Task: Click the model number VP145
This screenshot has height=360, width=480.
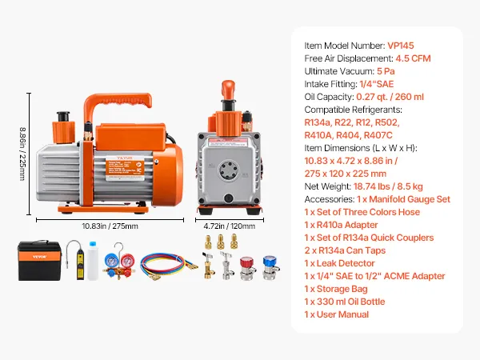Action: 401,46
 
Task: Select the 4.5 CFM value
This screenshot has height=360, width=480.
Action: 413,58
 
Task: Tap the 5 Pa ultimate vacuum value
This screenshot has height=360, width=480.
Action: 386,71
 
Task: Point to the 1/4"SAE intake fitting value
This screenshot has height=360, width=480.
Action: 377,84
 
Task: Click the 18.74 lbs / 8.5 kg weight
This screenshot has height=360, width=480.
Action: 388,186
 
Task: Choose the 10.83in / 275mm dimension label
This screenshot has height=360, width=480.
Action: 110,226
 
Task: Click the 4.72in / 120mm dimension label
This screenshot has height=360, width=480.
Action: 230,226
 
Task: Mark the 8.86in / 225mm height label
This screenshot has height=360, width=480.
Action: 22,154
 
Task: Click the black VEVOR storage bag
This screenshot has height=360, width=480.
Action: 39,261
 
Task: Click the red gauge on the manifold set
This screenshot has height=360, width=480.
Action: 127,261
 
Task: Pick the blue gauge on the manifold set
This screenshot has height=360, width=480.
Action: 111,261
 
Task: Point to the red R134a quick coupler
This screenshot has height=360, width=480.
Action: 247,269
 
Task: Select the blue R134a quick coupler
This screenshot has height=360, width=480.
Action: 270,268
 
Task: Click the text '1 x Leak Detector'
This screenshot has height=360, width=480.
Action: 339,263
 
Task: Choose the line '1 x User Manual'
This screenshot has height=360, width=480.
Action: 337,314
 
